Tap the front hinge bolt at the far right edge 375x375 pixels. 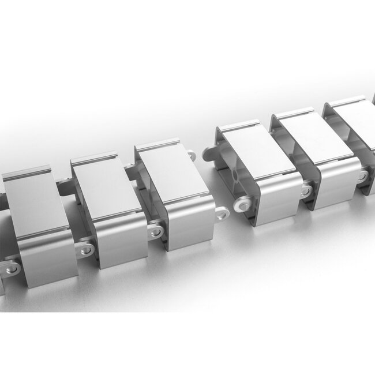[x=362, y=176]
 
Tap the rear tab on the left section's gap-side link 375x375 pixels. [x=191, y=155]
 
